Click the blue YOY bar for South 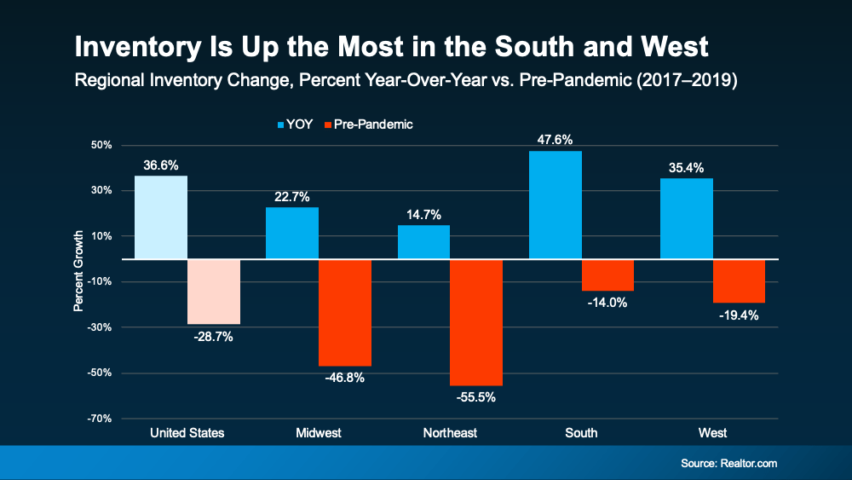tap(556, 205)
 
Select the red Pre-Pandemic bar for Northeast tap(476, 322)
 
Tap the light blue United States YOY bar tap(161, 217)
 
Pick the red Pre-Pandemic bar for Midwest tap(345, 312)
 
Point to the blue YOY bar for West tap(687, 218)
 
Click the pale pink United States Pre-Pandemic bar tap(214, 292)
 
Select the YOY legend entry tap(295, 124)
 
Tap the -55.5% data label tap(476, 396)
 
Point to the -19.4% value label tap(740, 315)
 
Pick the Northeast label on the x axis tap(450, 433)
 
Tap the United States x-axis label tap(187, 433)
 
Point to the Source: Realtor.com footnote tap(728, 463)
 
